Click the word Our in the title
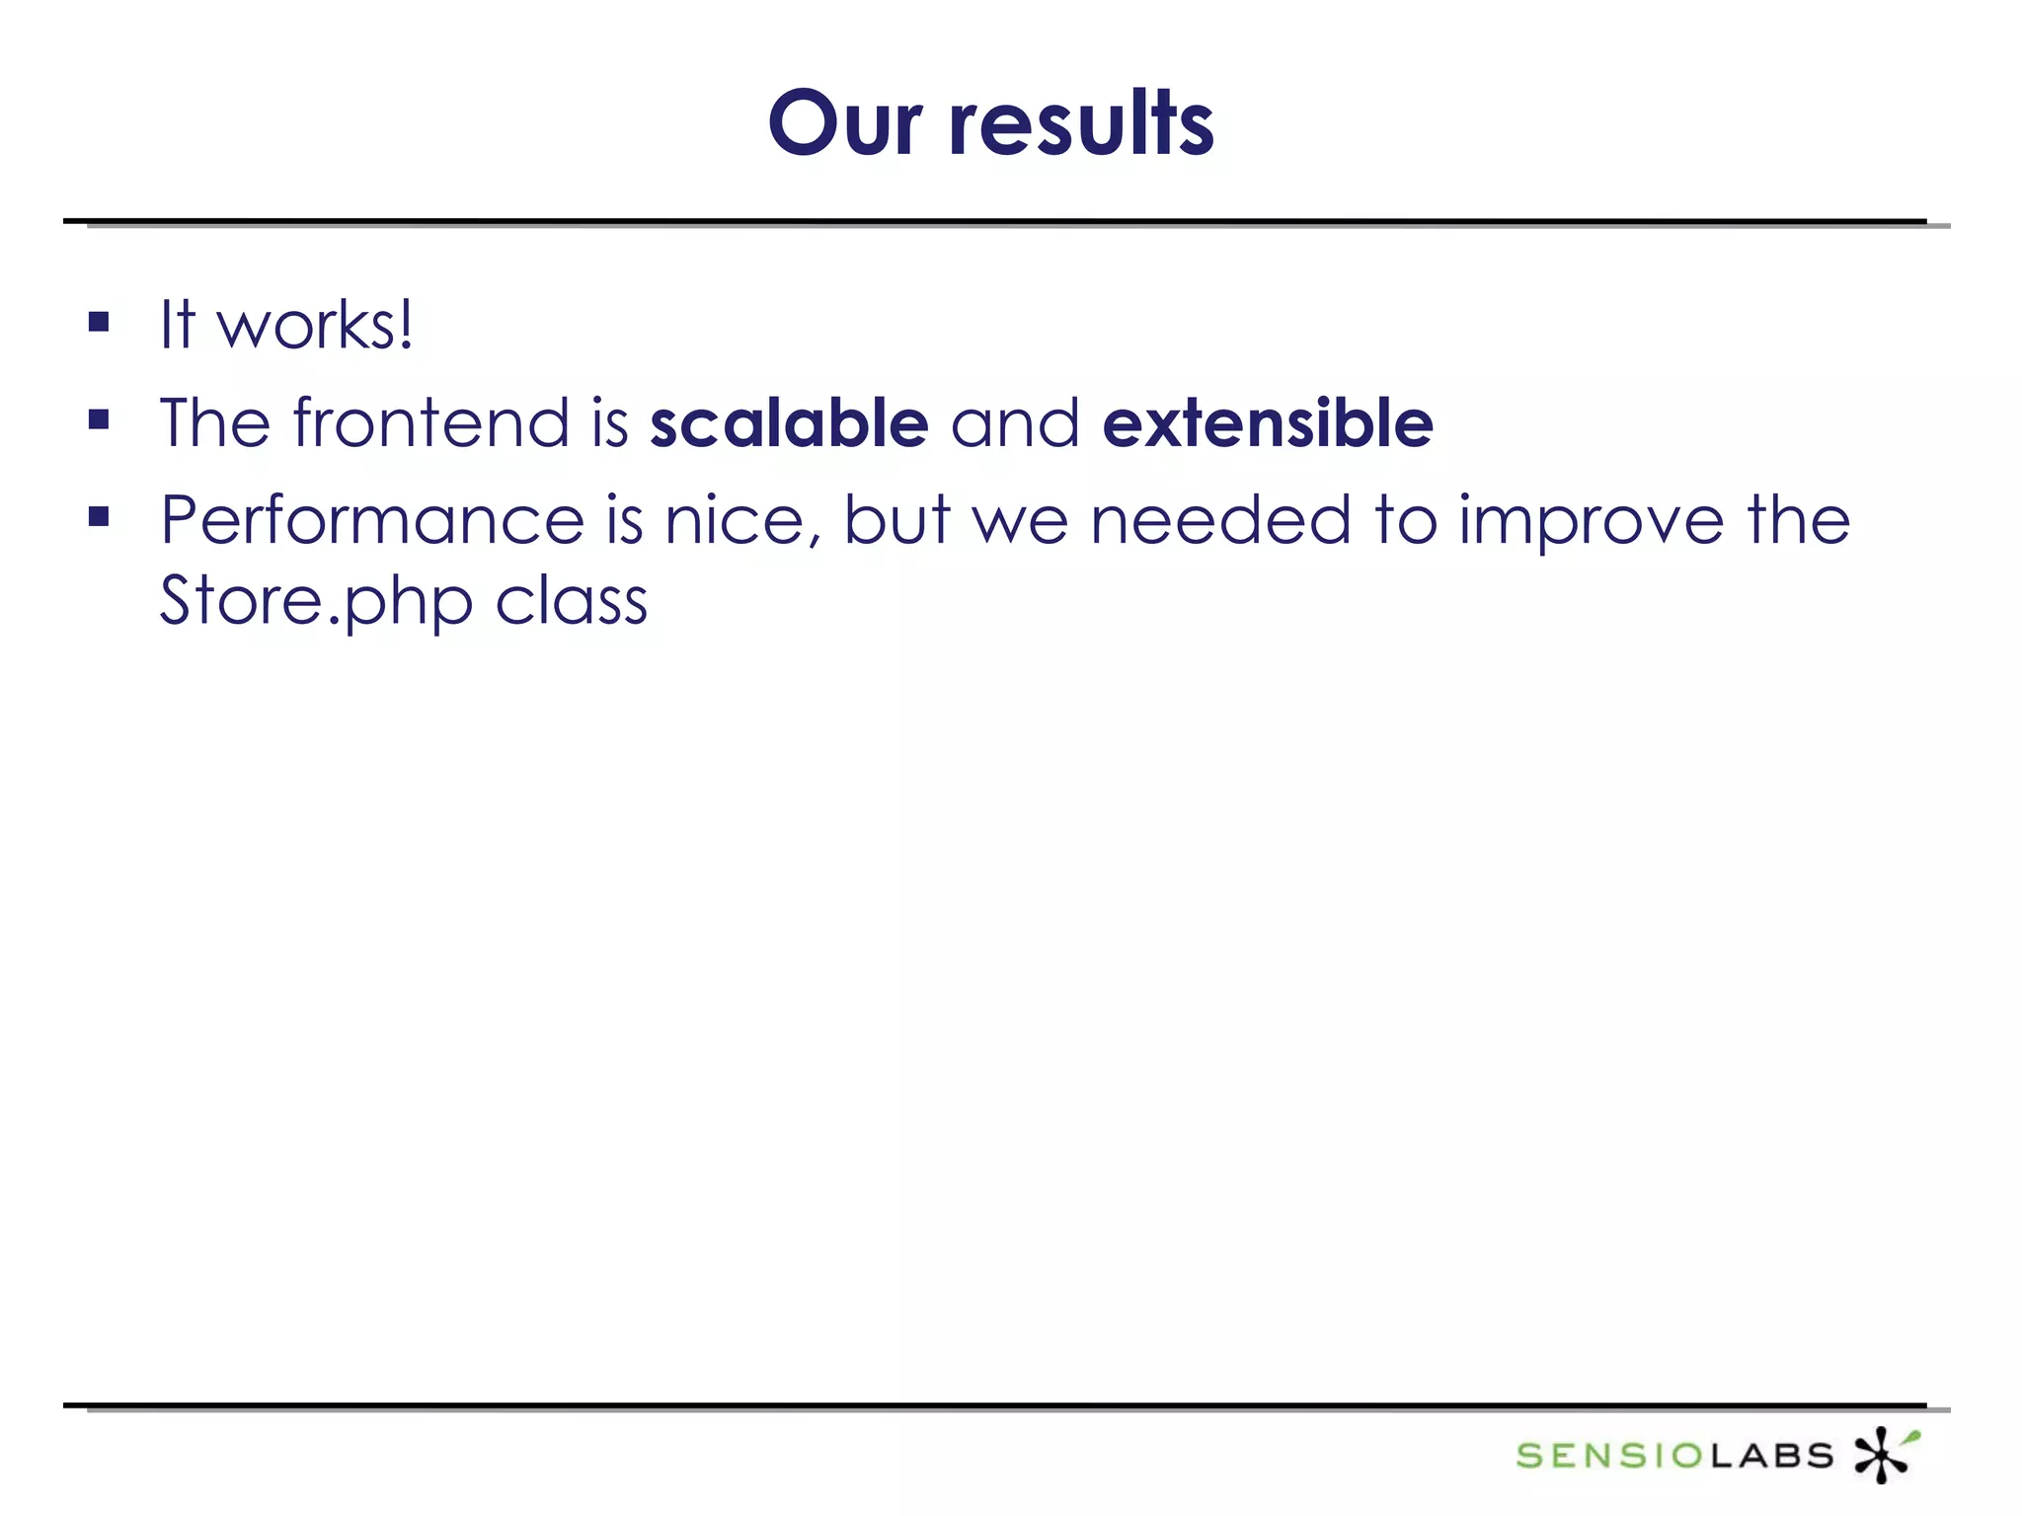point(845,123)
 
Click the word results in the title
point(1081,123)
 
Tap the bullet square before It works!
point(99,322)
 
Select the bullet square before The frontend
point(99,420)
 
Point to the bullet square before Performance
point(99,516)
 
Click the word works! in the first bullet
point(315,325)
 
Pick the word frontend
point(431,422)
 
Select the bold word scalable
point(789,422)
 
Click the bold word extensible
point(1268,422)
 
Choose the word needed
point(1220,520)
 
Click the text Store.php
point(316,602)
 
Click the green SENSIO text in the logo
point(1610,1455)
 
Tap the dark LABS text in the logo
point(1771,1455)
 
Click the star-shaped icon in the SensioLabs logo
point(1885,1454)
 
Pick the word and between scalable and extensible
point(1015,422)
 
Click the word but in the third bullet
point(896,520)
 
